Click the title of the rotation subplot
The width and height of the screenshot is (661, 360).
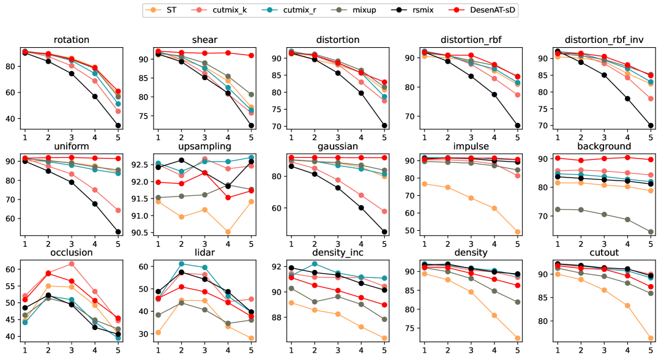72,40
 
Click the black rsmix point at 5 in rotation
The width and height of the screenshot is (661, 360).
118,126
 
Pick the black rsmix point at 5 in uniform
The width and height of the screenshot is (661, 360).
118,231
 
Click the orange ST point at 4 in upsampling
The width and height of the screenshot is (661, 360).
228,232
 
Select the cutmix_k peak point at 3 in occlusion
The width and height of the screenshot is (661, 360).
72,264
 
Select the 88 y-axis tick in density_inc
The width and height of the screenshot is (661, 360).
276,317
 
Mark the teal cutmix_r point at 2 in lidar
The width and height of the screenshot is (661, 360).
181,264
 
